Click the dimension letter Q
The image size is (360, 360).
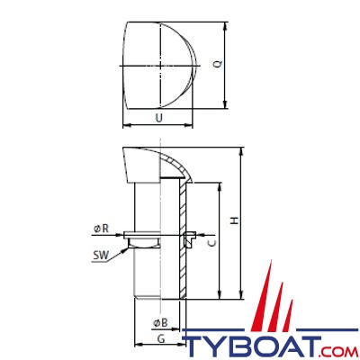(x=219, y=64)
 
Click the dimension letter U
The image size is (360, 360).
(x=159, y=118)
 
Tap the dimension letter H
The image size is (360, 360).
(x=235, y=220)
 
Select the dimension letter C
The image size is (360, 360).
(x=212, y=243)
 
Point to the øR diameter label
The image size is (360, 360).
(x=101, y=229)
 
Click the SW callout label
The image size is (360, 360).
(x=101, y=256)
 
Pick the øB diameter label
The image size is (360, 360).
(x=160, y=323)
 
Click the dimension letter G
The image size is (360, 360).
(x=161, y=339)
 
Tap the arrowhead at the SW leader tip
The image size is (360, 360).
(x=125, y=249)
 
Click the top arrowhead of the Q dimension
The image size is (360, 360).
(x=225, y=26)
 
